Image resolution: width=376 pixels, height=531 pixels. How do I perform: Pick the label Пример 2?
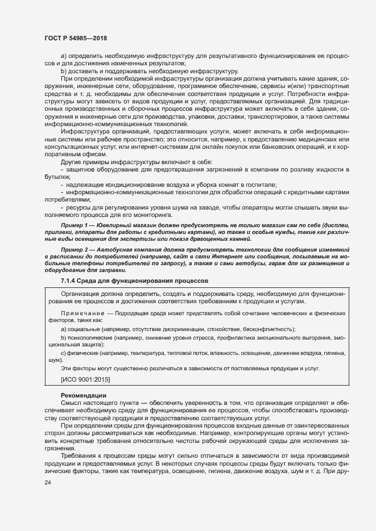(76, 250)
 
